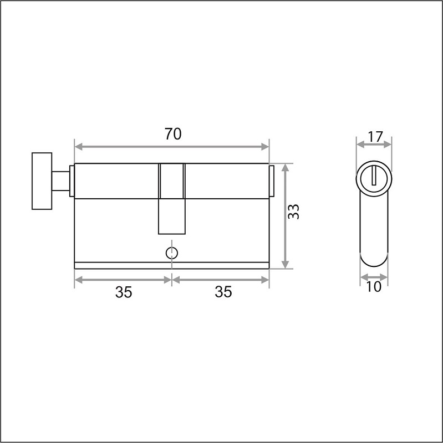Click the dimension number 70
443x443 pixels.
click(x=173, y=134)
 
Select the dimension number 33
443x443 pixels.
click(x=293, y=212)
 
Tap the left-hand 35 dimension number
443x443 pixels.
click(x=124, y=292)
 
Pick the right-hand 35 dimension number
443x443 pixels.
click(x=223, y=292)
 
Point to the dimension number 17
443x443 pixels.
click(x=375, y=137)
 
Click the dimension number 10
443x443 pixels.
click(x=374, y=287)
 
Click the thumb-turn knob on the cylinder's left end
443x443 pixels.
click(x=42, y=181)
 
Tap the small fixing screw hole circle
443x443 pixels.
click(x=172, y=253)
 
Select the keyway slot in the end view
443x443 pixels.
click(x=374, y=176)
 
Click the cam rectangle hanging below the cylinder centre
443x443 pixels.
click(x=172, y=217)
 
